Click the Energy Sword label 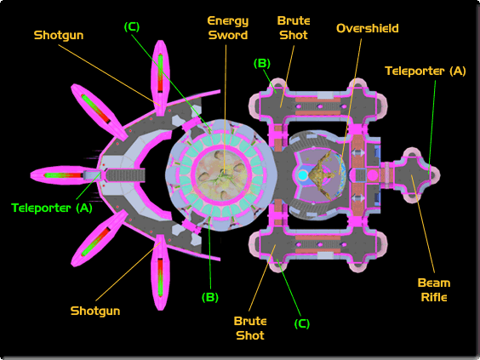(228, 28)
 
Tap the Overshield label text (368, 28)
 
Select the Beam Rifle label (434, 290)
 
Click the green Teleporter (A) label (52, 209)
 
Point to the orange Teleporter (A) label (426, 71)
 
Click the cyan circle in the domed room (302, 175)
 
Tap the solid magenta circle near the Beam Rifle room (373, 175)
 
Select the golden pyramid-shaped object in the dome (322, 174)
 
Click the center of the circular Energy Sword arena (221, 175)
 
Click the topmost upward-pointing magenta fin (160, 78)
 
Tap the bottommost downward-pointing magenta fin (160, 272)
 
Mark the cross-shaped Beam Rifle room (414, 175)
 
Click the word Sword (228, 35)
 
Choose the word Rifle (434, 297)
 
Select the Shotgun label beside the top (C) (59, 35)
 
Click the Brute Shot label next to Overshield (294, 28)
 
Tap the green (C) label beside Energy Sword (132, 27)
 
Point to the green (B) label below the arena (210, 297)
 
